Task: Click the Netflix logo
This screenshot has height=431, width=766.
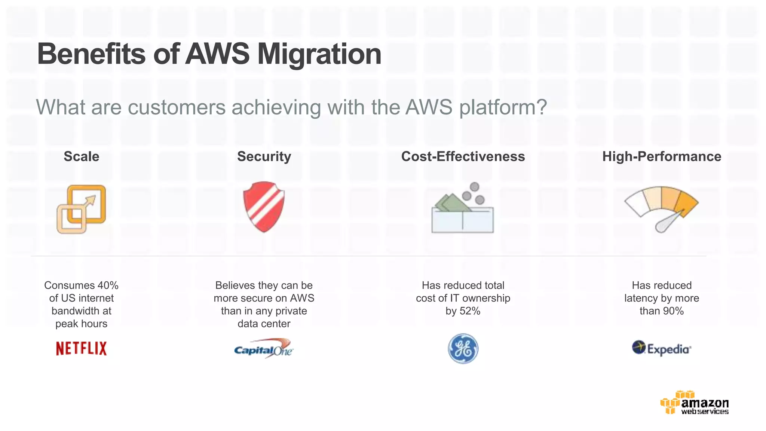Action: click(x=81, y=348)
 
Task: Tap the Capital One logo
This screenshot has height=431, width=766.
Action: click(x=264, y=349)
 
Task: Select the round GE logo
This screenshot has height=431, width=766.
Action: click(x=463, y=349)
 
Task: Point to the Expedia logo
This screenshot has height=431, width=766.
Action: click(x=661, y=348)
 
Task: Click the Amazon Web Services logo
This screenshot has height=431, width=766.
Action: click(x=695, y=403)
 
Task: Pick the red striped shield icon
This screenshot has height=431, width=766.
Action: click(x=264, y=207)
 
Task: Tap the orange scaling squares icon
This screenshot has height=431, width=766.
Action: click(x=81, y=209)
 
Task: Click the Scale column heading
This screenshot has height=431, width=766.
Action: click(x=81, y=156)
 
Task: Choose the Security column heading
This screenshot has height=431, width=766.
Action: click(x=264, y=156)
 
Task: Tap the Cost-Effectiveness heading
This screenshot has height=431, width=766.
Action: click(x=463, y=156)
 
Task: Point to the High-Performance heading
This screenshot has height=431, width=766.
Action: click(x=662, y=156)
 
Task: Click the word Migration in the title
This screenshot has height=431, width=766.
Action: click(x=319, y=54)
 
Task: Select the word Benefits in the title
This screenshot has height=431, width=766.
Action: click(x=91, y=54)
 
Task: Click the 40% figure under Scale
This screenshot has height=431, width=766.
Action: click(x=108, y=285)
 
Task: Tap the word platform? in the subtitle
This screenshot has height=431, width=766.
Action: click(x=503, y=107)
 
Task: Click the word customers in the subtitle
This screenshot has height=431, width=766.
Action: click(x=177, y=107)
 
